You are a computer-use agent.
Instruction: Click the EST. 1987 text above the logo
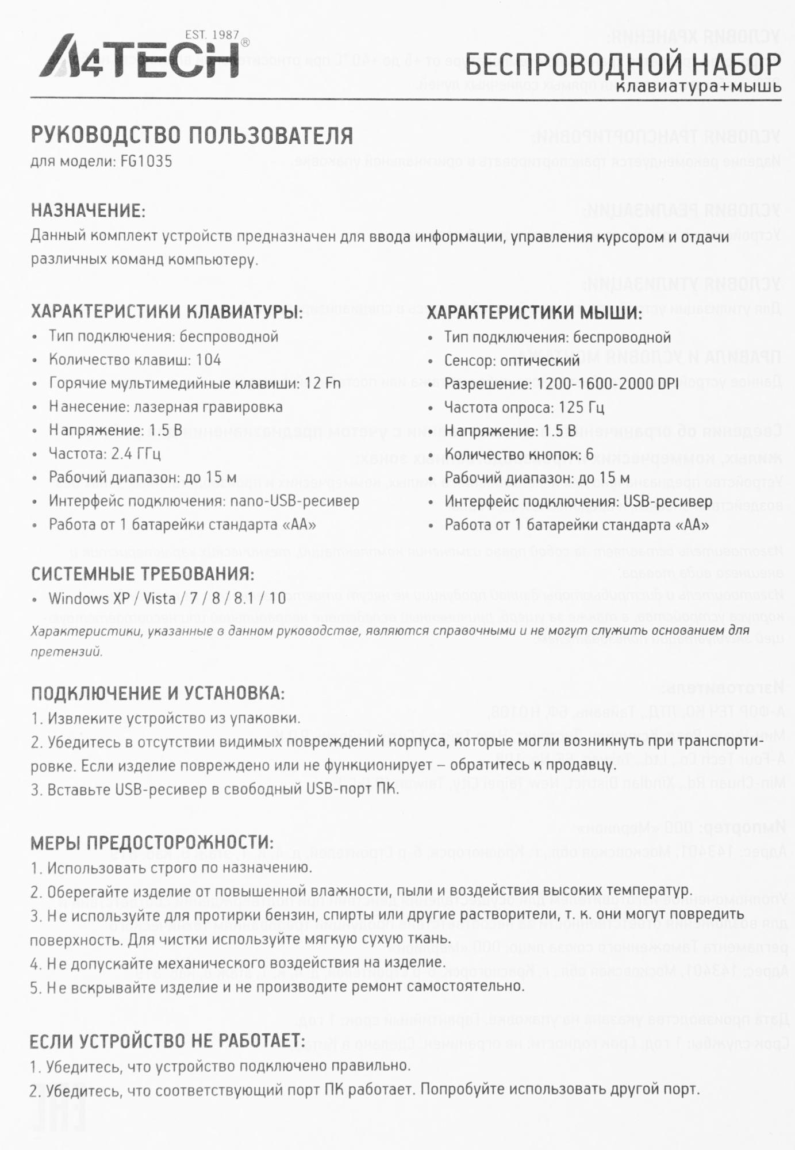[x=212, y=35]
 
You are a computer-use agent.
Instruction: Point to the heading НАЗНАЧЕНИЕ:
[x=88, y=210]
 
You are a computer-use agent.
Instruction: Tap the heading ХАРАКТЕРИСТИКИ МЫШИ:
[x=535, y=313]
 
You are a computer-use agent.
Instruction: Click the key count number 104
[x=208, y=360]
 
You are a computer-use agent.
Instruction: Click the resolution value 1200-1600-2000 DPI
[x=609, y=384]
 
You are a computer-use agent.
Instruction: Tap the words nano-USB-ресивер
[x=294, y=501]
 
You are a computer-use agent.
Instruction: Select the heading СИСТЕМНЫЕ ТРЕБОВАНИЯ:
[x=143, y=574]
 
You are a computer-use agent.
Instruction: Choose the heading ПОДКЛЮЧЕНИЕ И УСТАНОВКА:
[x=158, y=693]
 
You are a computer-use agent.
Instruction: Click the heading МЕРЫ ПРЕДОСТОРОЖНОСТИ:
[x=152, y=843]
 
